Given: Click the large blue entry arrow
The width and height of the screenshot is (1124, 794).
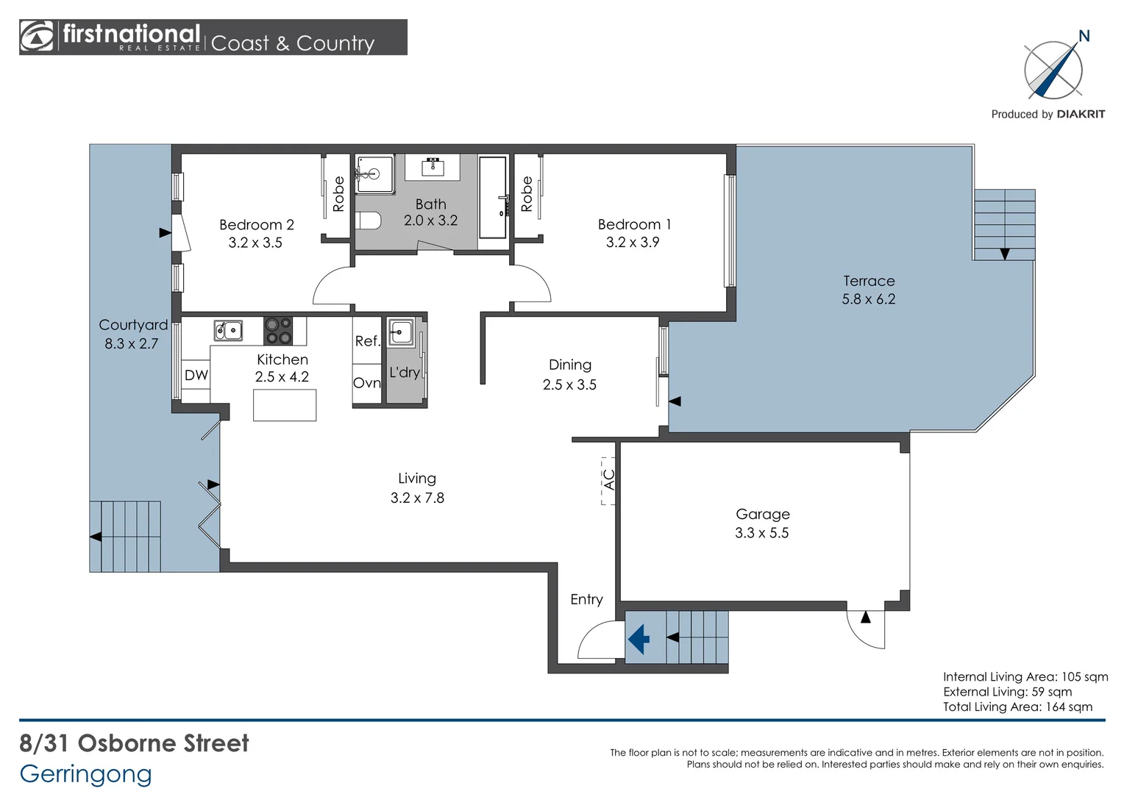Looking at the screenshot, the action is pyautogui.click(x=639, y=639).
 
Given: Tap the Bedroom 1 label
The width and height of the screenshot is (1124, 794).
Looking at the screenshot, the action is pyautogui.click(x=634, y=224).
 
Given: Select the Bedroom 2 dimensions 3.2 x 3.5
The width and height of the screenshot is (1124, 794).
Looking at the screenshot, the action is pyautogui.click(x=255, y=243).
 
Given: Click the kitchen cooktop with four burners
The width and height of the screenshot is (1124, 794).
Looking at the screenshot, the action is pyautogui.click(x=278, y=331).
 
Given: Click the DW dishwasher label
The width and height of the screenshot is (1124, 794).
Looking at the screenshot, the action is pyautogui.click(x=196, y=375).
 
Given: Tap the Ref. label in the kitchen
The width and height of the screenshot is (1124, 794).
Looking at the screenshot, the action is pyautogui.click(x=367, y=341).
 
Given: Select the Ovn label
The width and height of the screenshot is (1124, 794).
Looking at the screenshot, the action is pyautogui.click(x=367, y=383).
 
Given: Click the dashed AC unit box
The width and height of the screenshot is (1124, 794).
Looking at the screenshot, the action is pyautogui.click(x=608, y=481).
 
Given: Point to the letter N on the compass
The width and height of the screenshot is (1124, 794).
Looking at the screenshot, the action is pyautogui.click(x=1084, y=36).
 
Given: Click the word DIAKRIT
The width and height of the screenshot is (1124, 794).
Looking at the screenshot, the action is pyautogui.click(x=1081, y=115).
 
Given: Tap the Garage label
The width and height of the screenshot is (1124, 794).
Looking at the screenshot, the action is pyautogui.click(x=763, y=514).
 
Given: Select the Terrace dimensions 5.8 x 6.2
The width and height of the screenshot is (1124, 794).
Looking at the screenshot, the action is pyautogui.click(x=869, y=299).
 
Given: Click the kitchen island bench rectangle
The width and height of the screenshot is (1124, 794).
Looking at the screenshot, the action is pyautogui.click(x=285, y=405).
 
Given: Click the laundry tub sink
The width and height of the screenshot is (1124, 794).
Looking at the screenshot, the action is pyautogui.click(x=400, y=332).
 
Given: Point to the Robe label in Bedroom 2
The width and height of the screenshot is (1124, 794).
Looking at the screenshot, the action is pyautogui.click(x=338, y=193).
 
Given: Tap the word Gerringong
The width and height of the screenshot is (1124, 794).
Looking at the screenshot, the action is pyautogui.click(x=86, y=775).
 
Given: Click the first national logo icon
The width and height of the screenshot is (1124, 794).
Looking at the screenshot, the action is pyautogui.click(x=36, y=37).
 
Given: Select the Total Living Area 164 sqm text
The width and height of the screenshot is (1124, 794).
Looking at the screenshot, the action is pyautogui.click(x=1017, y=707).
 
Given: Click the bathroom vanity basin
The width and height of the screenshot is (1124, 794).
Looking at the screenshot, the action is pyautogui.click(x=433, y=167).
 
